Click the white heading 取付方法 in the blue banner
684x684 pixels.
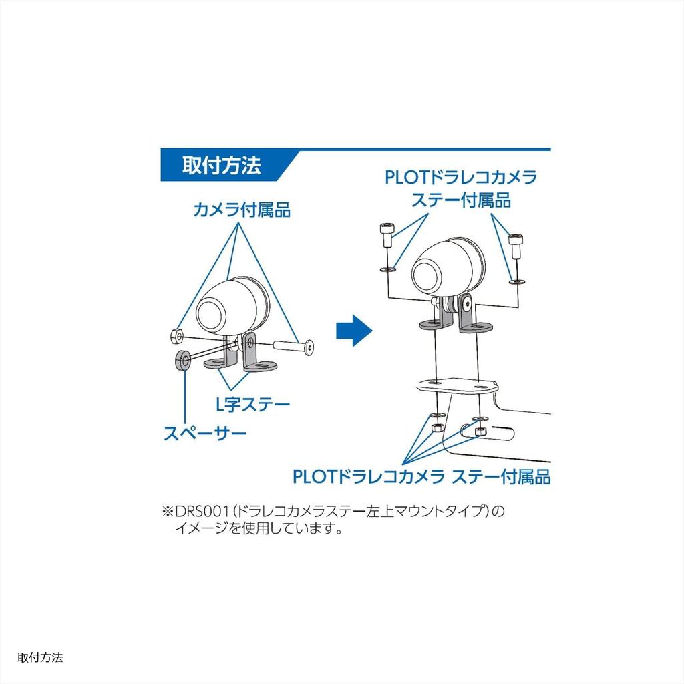[x=221, y=166]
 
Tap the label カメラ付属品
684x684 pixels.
[x=242, y=210]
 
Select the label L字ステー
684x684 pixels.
[x=253, y=405]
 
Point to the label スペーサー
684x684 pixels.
[x=205, y=433]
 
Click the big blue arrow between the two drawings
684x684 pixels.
[x=354, y=331]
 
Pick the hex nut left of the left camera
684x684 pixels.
[x=176, y=335]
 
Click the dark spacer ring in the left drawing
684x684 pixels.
[x=183, y=360]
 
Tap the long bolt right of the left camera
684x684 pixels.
[x=294, y=346]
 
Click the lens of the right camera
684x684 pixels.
[x=427, y=275]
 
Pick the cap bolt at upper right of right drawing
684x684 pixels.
[x=516, y=246]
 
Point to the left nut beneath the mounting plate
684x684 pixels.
[x=437, y=427]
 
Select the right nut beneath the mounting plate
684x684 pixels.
[x=480, y=431]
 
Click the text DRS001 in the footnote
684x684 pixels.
[x=202, y=511]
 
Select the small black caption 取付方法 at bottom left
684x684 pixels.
[x=40, y=658]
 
